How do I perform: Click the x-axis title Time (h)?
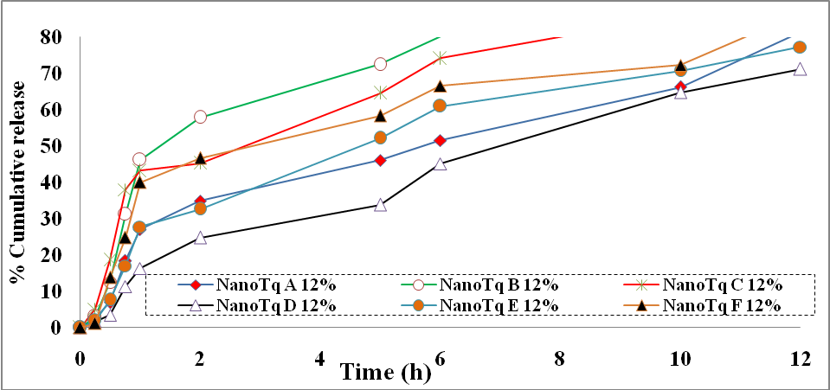pos(379,373)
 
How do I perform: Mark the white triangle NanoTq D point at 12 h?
pos(801,69)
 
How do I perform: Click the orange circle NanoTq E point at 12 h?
pos(801,48)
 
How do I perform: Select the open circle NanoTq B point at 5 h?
pos(380,64)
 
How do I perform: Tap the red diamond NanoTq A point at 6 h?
pos(440,140)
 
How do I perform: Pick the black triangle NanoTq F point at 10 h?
pos(680,66)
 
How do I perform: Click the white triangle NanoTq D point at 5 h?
pos(380,205)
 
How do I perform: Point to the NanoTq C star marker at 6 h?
pos(440,58)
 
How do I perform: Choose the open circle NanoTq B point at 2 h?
pos(200,117)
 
